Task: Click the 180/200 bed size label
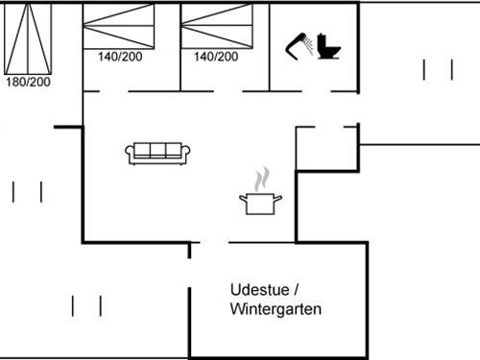pyautogui.click(x=28, y=82)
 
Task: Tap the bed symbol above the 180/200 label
pyautogui.click(x=28, y=37)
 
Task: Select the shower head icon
pyautogui.click(x=298, y=43)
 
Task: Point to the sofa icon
pyautogui.click(x=158, y=152)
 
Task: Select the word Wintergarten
pyautogui.click(x=276, y=310)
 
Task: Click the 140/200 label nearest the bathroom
pyautogui.click(x=216, y=57)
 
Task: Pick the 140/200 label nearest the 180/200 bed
pyautogui.click(x=120, y=57)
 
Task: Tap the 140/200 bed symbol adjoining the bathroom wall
pyautogui.click(x=215, y=26)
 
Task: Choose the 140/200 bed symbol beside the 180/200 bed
pyautogui.click(x=119, y=26)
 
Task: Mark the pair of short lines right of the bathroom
pyautogui.click(x=437, y=69)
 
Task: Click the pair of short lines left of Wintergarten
pyautogui.click(x=86, y=305)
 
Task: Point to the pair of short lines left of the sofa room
pyautogui.click(x=27, y=191)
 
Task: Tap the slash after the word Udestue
pyautogui.click(x=297, y=289)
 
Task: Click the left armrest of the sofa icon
pyautogui.click(x=130, y=152)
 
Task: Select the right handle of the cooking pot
pyautogui.click(x=279, y=198)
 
